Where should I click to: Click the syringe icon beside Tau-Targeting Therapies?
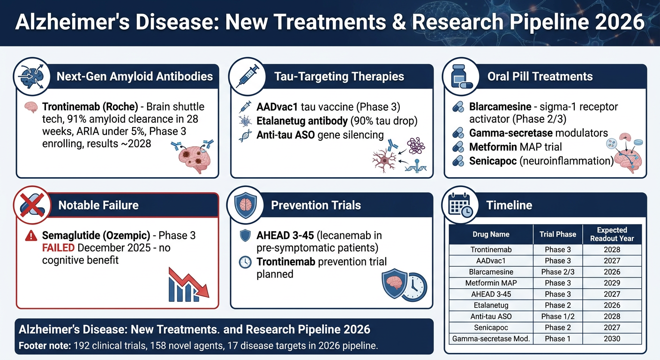[x=247, y=76]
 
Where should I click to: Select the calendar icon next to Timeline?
[x=460, y=205]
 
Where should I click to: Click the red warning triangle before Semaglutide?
[x=31, y=236]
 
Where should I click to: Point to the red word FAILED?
[x=58, y=248]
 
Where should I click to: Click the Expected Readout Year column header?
[x=612, y=234]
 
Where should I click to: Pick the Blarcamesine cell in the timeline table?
[x=491, y=271]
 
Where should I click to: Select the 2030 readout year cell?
[x=612, y=339]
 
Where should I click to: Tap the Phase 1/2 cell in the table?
[x=557, y=316]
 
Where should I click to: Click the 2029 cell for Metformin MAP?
[x=612, y=283]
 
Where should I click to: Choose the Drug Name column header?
[x=491, y=234]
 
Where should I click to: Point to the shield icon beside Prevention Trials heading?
[x=246, y=205]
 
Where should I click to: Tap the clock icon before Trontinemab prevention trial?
[x=245, y=262]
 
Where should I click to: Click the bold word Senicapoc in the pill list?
[x=493, y=161]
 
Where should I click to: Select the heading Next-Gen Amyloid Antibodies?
[x=135, y=76]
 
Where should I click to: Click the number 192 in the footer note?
[x=81, y=345]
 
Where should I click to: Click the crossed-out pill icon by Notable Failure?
[x=32, y=205]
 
